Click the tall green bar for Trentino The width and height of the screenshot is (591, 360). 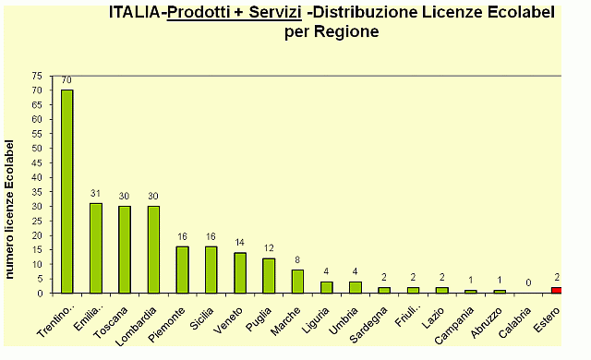[67, 191]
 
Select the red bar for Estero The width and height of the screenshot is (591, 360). [556, 290]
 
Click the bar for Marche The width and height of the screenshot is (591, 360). [297, 282]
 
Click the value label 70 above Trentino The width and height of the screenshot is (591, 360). [67, 80]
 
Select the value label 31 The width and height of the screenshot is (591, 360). [96, 194]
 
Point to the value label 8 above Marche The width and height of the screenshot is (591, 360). [297, 261]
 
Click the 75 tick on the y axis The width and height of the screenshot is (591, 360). [37, 76]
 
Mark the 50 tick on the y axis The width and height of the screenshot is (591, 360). [37, 149]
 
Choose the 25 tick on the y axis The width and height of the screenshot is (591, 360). [37, 221]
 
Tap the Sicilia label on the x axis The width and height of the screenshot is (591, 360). [199, 316]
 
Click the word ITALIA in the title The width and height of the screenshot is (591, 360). [136, 13]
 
